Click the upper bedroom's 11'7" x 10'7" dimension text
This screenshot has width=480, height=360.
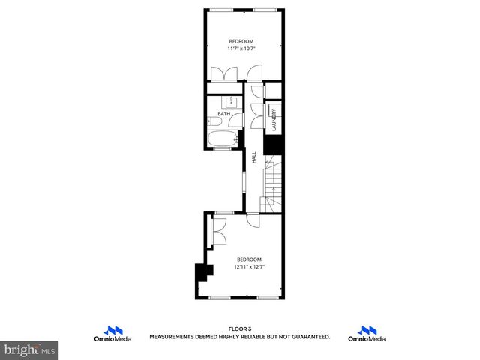pyautogui.click(x=241, y=49)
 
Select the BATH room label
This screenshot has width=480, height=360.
pyautogui.click(x=223, y=114)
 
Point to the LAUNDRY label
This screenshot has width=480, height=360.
pyautogui.click(x=274, y=120)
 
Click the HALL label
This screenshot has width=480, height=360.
pyautogui.click(x=254, y=157)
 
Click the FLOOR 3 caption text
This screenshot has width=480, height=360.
pyautogui.click(x=240, y=329)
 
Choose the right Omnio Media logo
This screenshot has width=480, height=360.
pyautogui.click(x=367, y=334)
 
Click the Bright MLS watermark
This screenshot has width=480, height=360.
pyautogui.click(x=30, y=349)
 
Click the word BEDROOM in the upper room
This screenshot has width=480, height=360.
pyautogui.click(x=241, y=40)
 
